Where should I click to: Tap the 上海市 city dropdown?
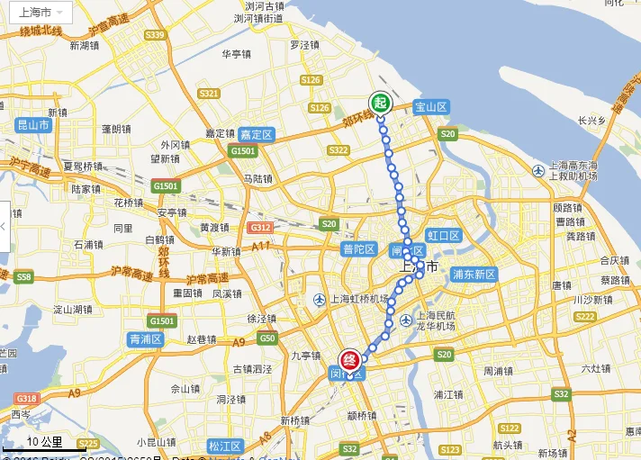[x=41, y=12]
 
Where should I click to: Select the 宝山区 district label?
[x=431, y=106]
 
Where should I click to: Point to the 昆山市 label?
[x=34, y=125]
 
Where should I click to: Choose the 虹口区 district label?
[x=444, y=236]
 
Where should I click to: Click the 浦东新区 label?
[x=474, y=274]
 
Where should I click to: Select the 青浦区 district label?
[x=145, y=339]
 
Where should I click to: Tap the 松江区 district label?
[x=225, y=446]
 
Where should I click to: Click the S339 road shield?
[x=156, y=35]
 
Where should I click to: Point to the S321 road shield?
[x=209, y=94]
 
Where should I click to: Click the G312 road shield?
[x=261, y=228]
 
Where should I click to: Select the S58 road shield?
[x=24, y=276]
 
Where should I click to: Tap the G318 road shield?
[x=26, y=399]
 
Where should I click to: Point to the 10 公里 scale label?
[x=44, y=442]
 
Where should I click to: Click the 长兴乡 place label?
[x=592, y=120]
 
